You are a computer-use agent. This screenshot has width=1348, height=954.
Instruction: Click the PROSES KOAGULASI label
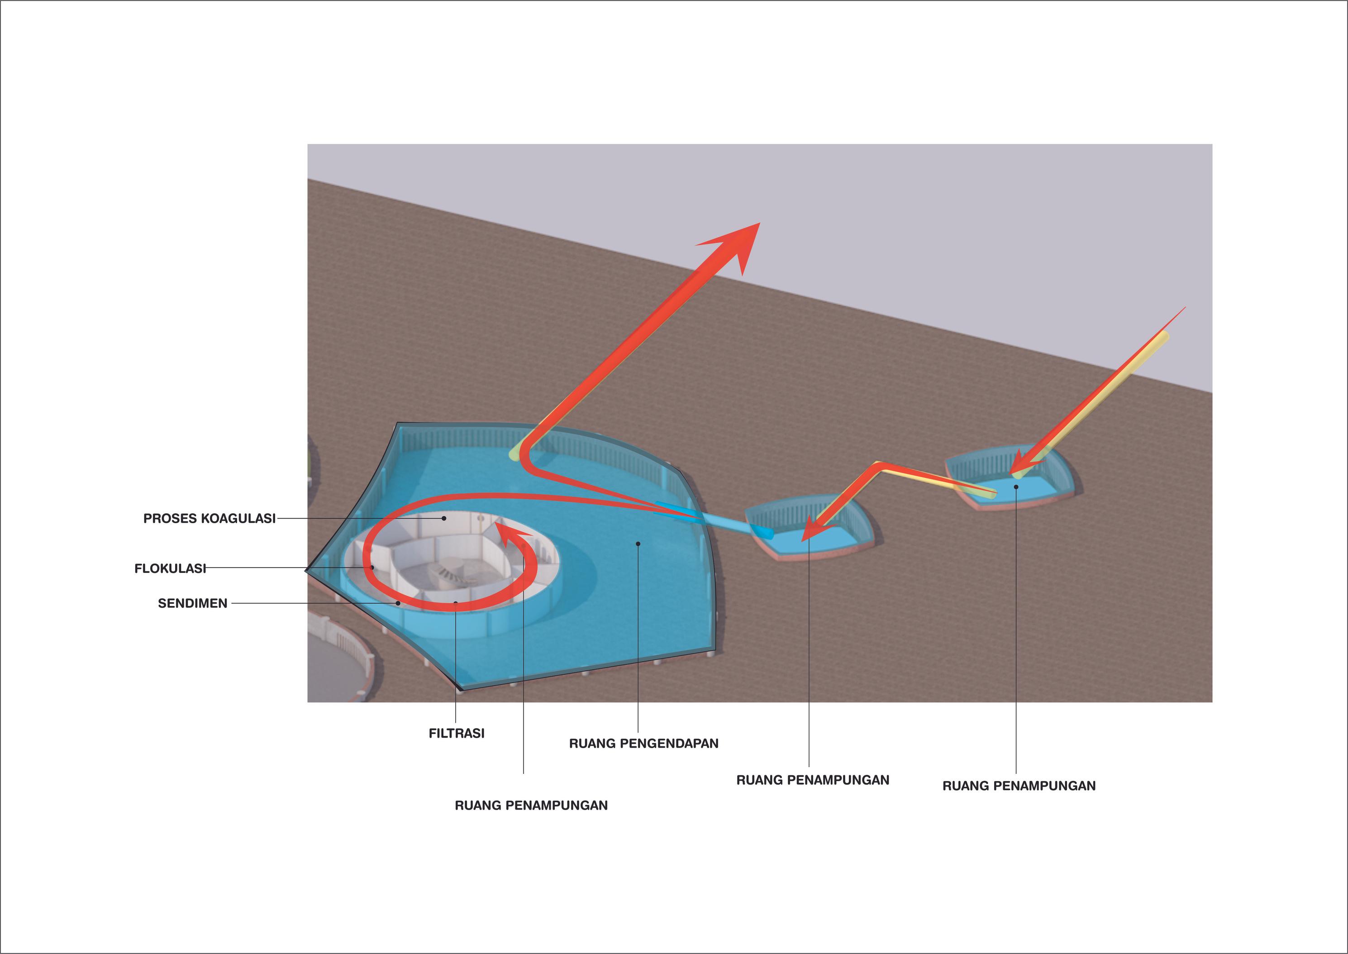tap(209, 519)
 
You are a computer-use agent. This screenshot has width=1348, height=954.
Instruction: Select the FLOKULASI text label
tap(170, 568)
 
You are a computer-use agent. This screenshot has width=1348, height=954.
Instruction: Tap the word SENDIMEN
tap(193, 603)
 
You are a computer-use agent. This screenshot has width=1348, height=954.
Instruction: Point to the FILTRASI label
tap(457, 733)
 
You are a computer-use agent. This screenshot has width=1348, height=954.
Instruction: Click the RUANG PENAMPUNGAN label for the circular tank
tap(531, 805)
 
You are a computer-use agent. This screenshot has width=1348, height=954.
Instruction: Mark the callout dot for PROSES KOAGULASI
tap(445, 518)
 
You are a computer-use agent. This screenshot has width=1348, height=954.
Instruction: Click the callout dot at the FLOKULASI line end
tap(372, 568)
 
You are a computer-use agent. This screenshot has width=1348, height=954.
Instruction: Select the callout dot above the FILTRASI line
tap(456, 603)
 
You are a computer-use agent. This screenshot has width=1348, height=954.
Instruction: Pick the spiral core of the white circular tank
tap(449, 573)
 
